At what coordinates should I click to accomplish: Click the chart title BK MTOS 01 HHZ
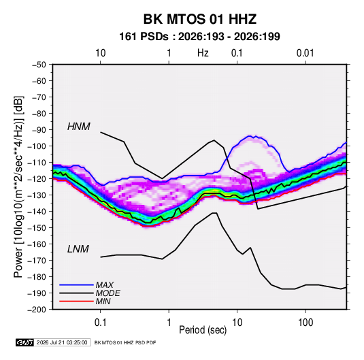[200, 19]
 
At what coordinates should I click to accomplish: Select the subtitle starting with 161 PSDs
[199, 37]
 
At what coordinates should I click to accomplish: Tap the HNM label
[79, 127]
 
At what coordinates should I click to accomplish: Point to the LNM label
[78, 249]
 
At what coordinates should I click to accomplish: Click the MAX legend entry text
[105, 285]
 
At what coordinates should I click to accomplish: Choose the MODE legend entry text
[107, 293]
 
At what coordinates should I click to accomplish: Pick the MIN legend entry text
[103, 301]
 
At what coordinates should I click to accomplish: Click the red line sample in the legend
[76, 301]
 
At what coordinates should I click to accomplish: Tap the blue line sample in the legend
[76, 284]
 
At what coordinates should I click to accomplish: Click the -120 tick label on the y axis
[37, 178]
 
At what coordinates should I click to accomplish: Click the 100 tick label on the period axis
[305, 323]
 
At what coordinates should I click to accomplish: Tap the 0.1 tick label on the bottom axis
[100, 323]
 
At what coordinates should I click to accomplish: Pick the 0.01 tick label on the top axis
[305, 53]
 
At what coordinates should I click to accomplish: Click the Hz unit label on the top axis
[203, 53]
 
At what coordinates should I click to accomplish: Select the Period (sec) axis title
[203, 330]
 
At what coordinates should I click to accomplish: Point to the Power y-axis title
[18, 187]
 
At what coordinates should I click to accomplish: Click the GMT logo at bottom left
[24, 342]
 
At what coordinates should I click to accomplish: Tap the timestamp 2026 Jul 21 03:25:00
[62, 342]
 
